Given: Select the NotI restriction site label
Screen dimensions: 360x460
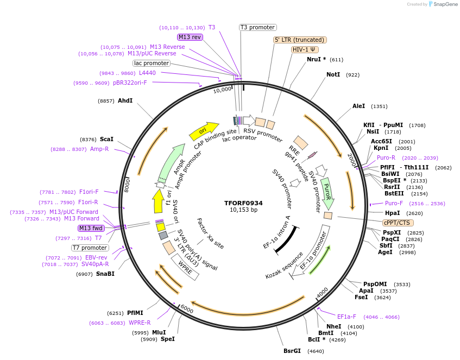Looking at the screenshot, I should (x=333, y=74).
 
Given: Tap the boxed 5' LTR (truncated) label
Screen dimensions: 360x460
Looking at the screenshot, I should (x=300, y=40).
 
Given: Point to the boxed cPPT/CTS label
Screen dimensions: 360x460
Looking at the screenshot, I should (x=398, y=223).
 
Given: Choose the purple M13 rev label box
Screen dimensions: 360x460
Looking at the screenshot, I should (x=190, y=37).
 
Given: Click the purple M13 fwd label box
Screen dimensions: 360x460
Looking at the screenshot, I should (x=91, y=228).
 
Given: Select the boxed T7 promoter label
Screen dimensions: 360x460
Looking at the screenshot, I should (x=90, y=248).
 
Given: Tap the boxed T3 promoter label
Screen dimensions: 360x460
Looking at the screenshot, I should (x=258, y=27).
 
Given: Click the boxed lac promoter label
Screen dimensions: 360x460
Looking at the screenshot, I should (x=152, y=63).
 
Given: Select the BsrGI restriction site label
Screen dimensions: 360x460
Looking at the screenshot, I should (x=292, y=351).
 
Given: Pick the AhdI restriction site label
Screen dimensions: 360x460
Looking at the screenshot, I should (x=125, y=100).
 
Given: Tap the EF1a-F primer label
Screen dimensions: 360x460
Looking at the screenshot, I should (x=346, y=317).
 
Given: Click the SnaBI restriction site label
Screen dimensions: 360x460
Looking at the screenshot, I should (x=105, y=274).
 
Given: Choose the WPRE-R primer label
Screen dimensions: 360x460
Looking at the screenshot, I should (x=140, y=323).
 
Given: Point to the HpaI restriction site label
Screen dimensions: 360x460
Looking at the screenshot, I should (x=392, y=213).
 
